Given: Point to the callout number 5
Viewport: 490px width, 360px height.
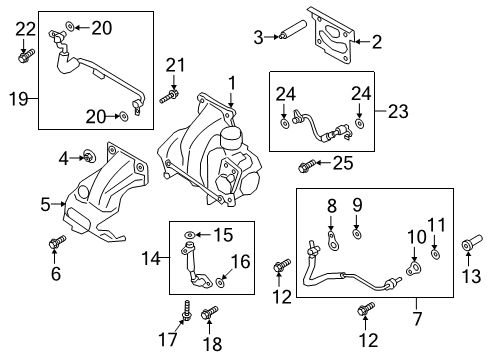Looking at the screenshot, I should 45,204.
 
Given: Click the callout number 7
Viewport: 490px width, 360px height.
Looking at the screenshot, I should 417,318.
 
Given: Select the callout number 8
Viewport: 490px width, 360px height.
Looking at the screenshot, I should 332,208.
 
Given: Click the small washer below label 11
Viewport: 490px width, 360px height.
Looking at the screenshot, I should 434,253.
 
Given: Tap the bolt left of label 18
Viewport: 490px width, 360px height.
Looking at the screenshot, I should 209,315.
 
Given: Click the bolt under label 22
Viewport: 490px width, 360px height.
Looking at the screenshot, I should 24,55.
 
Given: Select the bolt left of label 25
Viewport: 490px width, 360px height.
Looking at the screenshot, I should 305,161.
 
